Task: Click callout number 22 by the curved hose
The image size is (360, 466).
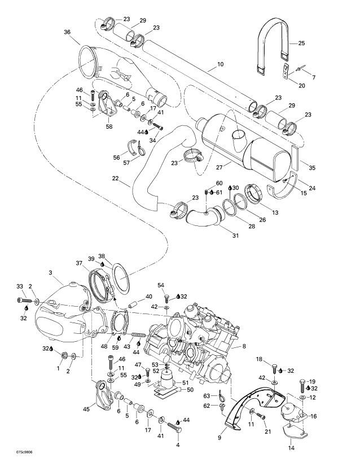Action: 115,178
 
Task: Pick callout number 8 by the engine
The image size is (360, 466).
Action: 244,345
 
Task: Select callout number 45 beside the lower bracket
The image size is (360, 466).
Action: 86,410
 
